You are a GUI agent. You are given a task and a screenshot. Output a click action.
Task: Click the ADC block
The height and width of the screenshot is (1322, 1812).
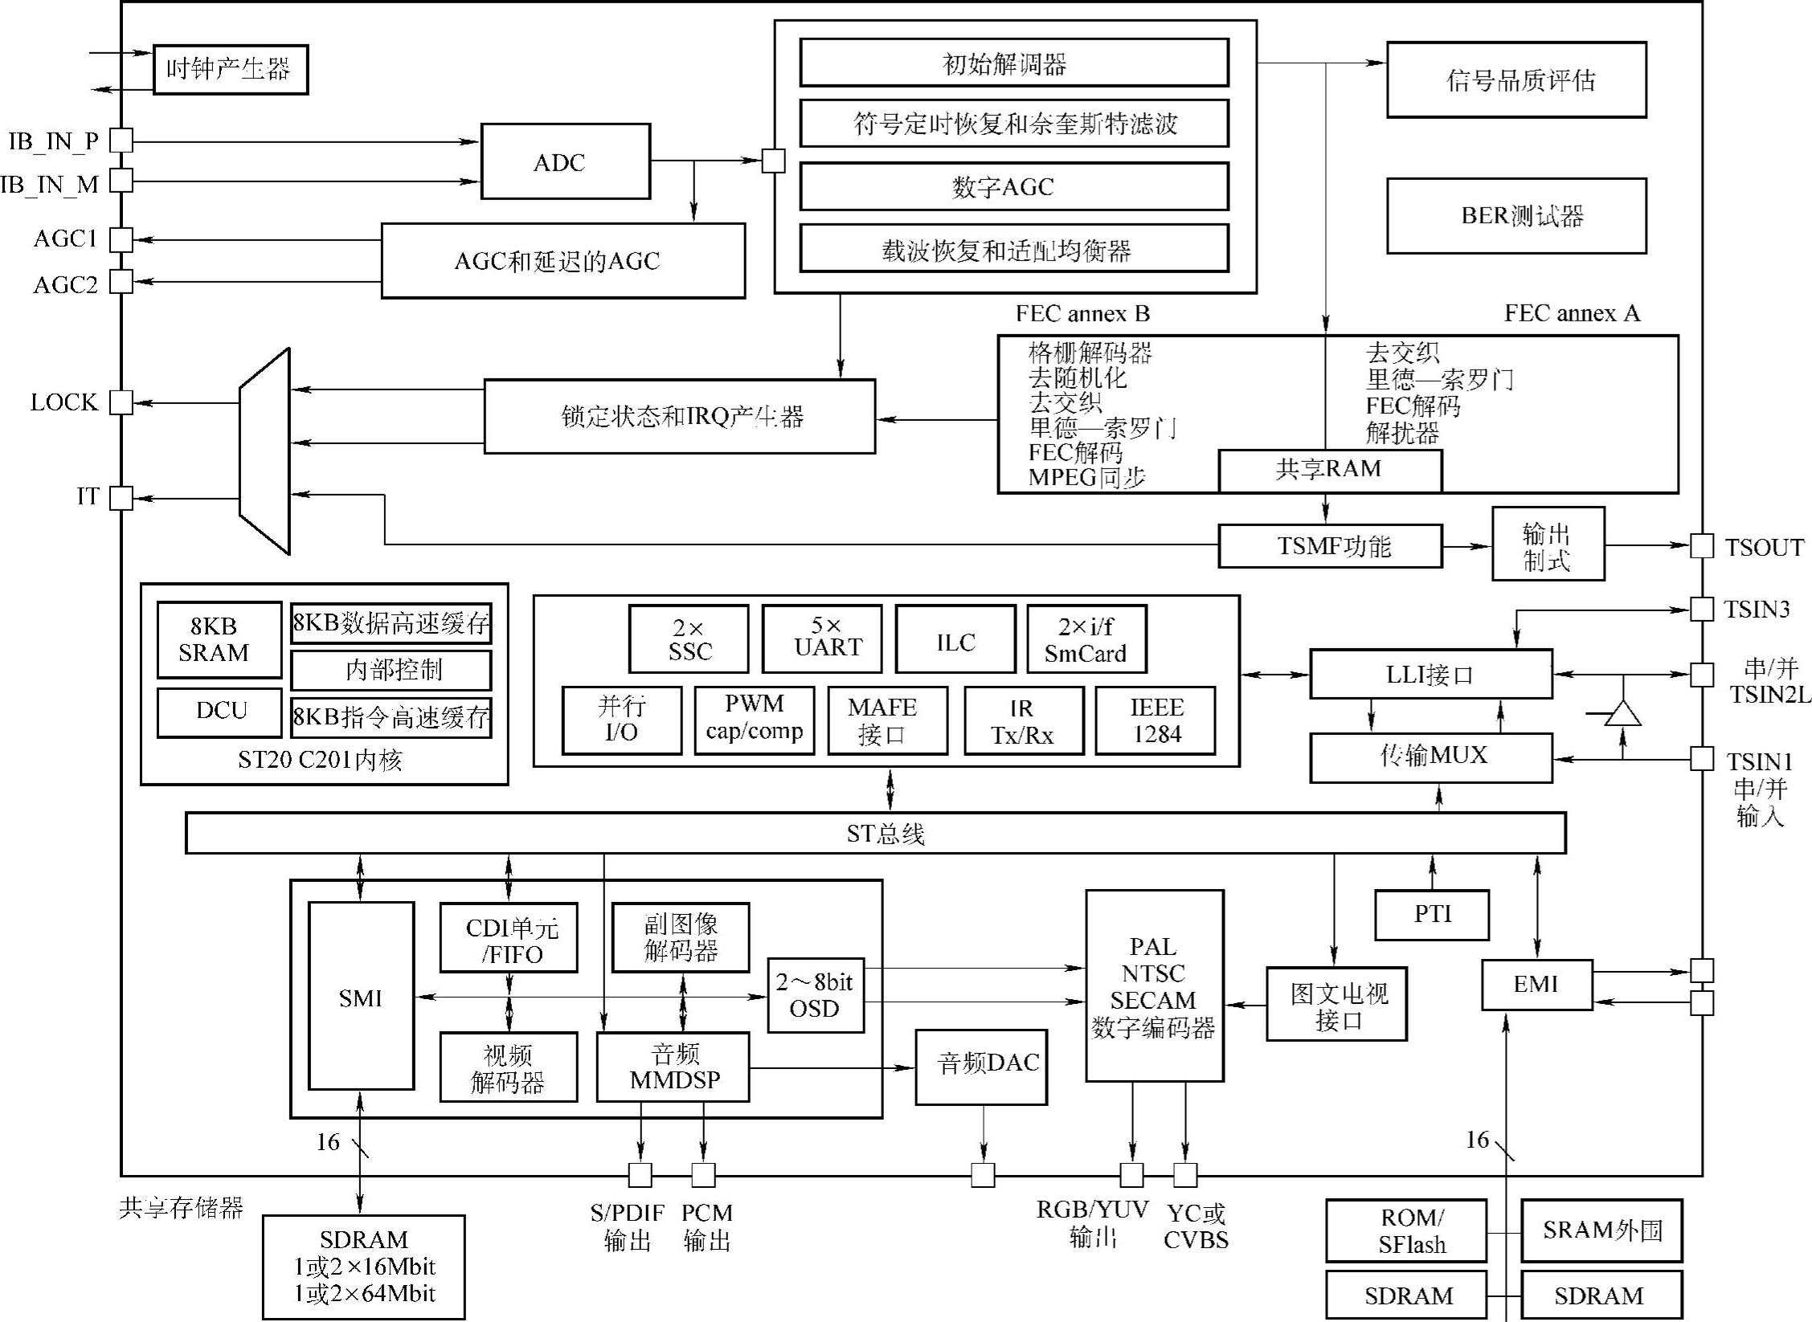(x=565, y=161)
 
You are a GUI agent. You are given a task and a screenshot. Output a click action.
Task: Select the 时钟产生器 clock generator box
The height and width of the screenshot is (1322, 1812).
(x=230, y=69)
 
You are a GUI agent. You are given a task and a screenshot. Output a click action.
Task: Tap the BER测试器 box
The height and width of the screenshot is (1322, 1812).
(x=1515, y=215)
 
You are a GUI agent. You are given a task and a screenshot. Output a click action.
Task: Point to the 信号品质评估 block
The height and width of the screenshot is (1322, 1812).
(x=1515, y=80)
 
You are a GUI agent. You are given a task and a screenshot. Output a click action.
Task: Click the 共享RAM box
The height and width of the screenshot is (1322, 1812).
(x=1329, y=470)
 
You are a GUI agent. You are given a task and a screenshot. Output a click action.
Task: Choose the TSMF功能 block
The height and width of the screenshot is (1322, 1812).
(x=1329, y=546)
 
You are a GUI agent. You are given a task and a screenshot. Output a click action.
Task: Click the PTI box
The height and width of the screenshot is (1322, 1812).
(x=1431, y=914)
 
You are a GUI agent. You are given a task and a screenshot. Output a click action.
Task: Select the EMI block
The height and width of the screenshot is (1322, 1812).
(x=1536, y=984)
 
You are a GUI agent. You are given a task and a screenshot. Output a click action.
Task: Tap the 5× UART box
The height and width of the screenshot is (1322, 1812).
(x=821, y=639)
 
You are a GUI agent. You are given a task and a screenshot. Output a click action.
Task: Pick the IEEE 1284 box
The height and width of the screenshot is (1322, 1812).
(x=1155, y=720)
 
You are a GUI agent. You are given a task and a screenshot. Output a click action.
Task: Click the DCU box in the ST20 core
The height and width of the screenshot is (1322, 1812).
(x=219, y=712)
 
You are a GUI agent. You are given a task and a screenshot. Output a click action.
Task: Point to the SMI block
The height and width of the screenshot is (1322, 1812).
(x=361, y=996)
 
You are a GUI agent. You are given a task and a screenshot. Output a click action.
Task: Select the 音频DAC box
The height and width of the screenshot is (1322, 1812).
(x=981, y=1067)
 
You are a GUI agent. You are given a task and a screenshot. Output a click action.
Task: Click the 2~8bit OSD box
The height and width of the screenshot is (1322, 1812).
(x=815, y=995)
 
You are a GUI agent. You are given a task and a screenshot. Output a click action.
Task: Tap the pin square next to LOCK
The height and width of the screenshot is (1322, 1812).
(x=121, y=402)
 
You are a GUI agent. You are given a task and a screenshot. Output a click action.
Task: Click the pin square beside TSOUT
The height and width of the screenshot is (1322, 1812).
(x=1701, y=546)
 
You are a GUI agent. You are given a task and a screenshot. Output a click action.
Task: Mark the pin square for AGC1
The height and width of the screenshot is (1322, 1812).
(x=121, y=239)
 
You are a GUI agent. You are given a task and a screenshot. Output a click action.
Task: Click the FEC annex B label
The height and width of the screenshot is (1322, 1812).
(x=1082, y=313)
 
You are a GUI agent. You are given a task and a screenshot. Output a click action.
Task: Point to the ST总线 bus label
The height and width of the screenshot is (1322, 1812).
(x=885, y=834)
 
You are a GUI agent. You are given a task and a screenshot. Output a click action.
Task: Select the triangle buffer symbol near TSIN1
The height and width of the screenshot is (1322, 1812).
(x=1622, y=713)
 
